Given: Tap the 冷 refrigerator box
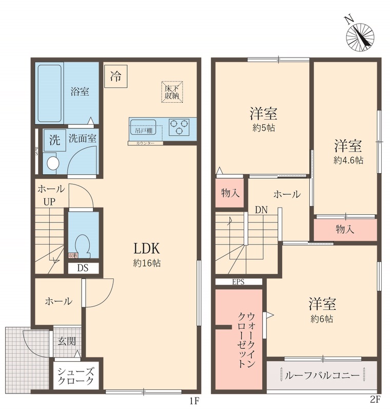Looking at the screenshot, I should click(115, 78).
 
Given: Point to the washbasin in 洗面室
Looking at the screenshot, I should click(52, 163).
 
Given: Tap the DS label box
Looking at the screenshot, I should click(82, 267).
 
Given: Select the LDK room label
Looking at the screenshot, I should click(147, 250).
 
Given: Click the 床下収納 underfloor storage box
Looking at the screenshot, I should click(171, 91).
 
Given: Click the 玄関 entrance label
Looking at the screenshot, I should click(65, 340).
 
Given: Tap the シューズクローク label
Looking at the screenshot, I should click(75, 377).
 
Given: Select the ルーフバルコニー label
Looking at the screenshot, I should click(322, 376).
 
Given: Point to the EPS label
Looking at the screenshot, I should click(239, 282).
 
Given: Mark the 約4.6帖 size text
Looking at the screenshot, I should click(348, 160).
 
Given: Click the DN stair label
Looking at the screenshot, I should click(261, 209).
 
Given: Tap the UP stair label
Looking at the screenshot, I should click(49, 202).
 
